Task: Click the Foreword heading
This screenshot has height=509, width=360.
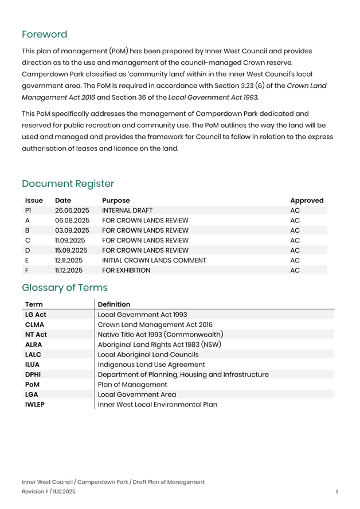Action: (x=45, y=35)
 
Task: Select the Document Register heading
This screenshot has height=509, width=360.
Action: (x=68, y=184)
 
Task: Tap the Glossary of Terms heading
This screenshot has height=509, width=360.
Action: (x=65, y=288)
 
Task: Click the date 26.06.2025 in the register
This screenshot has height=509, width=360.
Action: (x=71, y=210)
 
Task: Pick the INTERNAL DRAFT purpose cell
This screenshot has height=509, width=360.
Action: (x=127, y=210)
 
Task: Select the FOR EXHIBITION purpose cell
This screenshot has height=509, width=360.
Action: (x=126, y=270)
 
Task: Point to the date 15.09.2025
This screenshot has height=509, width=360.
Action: (x=71, y=250)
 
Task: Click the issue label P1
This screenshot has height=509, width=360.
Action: (x=28, y=210)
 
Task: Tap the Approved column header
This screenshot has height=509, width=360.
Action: (x=307, y=201)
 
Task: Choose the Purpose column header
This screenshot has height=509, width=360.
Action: (x=116, y=201)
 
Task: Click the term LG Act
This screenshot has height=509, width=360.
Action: (x=36, y=315)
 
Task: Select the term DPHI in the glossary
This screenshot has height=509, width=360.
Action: (x=33, y=374)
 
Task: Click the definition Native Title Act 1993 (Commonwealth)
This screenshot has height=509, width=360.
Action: (x=160, y=335)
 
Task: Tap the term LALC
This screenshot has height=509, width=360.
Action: (x=33, y=355)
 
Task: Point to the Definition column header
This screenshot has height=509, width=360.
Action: (x=114, y=304)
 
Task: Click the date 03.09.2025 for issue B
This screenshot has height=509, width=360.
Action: (x=71, y=230)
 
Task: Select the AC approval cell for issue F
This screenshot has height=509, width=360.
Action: (x=295, y=270)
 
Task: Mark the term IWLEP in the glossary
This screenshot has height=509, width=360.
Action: (x=34, y=405)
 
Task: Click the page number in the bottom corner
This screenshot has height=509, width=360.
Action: (x=337, y=492)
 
